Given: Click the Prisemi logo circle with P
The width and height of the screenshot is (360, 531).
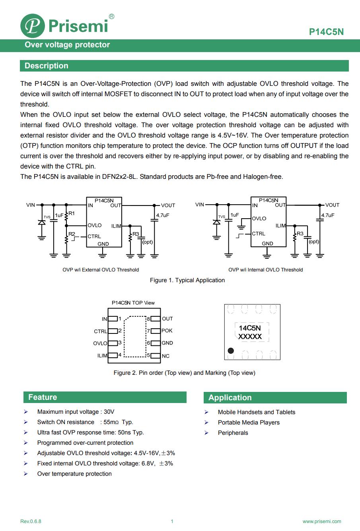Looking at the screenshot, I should [x=33, y=26].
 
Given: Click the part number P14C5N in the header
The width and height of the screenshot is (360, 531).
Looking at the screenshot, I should [x=326, y=32].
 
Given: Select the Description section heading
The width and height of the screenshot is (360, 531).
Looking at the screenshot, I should [x=47, y=66].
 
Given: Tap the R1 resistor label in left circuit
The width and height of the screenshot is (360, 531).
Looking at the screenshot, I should [x=72, y=213].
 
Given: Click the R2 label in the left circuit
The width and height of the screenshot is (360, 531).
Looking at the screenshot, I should [x=72, y=234].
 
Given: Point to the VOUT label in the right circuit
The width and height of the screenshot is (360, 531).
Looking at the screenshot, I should [x=332, y=205].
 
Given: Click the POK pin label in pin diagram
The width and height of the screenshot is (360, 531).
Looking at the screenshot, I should [x=167, y=331].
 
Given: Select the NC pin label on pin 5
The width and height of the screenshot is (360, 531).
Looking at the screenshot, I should [x=165, y=356].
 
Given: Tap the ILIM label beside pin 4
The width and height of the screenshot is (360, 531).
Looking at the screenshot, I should [x=102, y=356].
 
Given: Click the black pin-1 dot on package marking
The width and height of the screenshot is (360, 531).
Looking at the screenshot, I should [x=230, y=351].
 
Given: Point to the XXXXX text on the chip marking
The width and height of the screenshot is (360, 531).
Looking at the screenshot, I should [x=250, y=337].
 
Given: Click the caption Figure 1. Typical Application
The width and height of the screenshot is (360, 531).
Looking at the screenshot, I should [x=187, y=280].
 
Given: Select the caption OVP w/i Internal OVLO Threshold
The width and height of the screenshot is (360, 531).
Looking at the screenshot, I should [x=265, y=270].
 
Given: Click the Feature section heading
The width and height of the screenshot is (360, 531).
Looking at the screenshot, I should [x=43, y=397].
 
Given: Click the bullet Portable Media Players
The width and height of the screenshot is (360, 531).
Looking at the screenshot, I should [x=249, y=422].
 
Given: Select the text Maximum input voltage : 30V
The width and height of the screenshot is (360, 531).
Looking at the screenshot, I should [x=76, y=412].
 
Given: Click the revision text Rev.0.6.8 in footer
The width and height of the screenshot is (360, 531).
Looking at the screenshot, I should [x=31, y=521].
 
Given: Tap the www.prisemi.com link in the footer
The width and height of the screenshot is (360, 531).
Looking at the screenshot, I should [x=322, y=521].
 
